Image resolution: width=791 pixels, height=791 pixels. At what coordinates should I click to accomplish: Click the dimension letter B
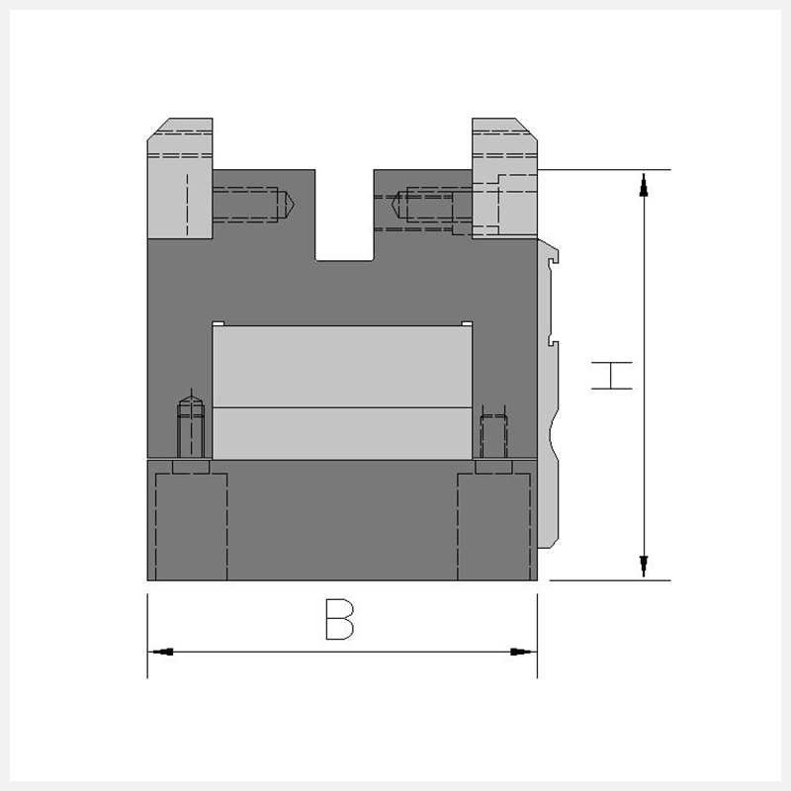[x=339, y=620]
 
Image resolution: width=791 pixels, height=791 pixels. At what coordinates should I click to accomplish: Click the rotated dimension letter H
[x=611, y=376]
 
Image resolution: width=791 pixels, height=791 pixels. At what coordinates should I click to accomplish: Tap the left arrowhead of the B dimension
[x=162, y=652]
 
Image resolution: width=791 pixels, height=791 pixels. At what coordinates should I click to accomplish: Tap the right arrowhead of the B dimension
[x=521, y=652]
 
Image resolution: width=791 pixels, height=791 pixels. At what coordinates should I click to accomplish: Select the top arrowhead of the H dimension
[x=644, y=185]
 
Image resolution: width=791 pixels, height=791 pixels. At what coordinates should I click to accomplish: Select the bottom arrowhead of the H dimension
[x=644, y=566]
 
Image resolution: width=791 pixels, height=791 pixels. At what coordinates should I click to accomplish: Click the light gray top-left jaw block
[x=180, y=178]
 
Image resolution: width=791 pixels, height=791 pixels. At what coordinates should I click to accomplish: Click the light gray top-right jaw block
[x=504, y=178]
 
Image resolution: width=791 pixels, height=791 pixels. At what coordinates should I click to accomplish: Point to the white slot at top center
[x=344, y=216]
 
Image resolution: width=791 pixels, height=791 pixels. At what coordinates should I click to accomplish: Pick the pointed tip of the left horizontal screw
[x=293, y=205]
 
